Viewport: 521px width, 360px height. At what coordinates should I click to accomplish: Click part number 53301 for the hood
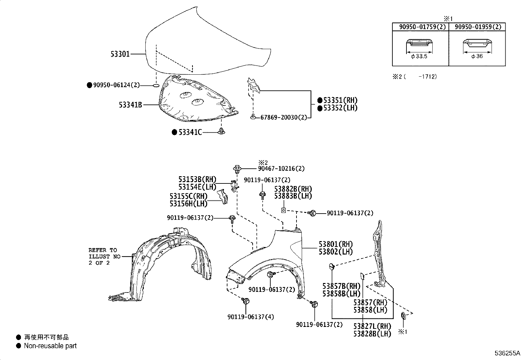120,54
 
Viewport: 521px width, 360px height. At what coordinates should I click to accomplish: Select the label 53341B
130,105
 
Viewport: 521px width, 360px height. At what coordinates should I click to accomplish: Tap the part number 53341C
190,132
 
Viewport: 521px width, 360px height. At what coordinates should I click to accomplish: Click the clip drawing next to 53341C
222,132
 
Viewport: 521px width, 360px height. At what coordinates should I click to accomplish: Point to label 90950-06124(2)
116,85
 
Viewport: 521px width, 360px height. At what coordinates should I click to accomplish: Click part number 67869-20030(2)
283,117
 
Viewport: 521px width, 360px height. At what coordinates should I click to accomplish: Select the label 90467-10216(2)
281,169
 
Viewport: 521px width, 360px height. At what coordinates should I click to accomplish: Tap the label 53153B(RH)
197,180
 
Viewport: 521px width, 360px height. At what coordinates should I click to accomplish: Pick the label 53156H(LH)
189,204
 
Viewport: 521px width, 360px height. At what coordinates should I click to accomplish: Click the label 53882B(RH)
293,189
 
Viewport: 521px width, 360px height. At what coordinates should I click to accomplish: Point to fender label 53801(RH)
336,244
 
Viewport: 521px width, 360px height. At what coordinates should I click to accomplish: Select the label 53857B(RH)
341,286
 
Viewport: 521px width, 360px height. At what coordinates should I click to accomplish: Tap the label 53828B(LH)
372,334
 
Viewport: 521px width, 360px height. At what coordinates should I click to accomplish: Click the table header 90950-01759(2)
420,27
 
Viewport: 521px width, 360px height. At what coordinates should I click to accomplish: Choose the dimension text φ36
477,56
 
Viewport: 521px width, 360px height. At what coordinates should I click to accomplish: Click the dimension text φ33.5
419,56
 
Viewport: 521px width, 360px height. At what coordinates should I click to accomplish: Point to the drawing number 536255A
507,354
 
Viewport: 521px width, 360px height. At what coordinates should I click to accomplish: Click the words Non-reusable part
50,346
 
